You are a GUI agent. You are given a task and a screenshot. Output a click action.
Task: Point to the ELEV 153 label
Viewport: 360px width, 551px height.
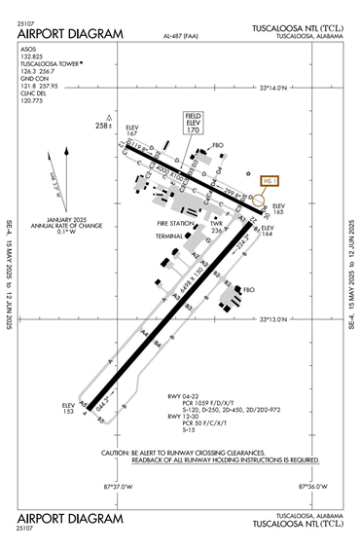(68, 407)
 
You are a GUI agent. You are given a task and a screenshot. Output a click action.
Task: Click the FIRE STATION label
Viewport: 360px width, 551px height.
(176, 223)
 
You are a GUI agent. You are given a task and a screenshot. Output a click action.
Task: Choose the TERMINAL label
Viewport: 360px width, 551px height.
(168, 236)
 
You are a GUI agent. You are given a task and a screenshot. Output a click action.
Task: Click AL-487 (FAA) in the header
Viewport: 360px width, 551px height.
(185, 37)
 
